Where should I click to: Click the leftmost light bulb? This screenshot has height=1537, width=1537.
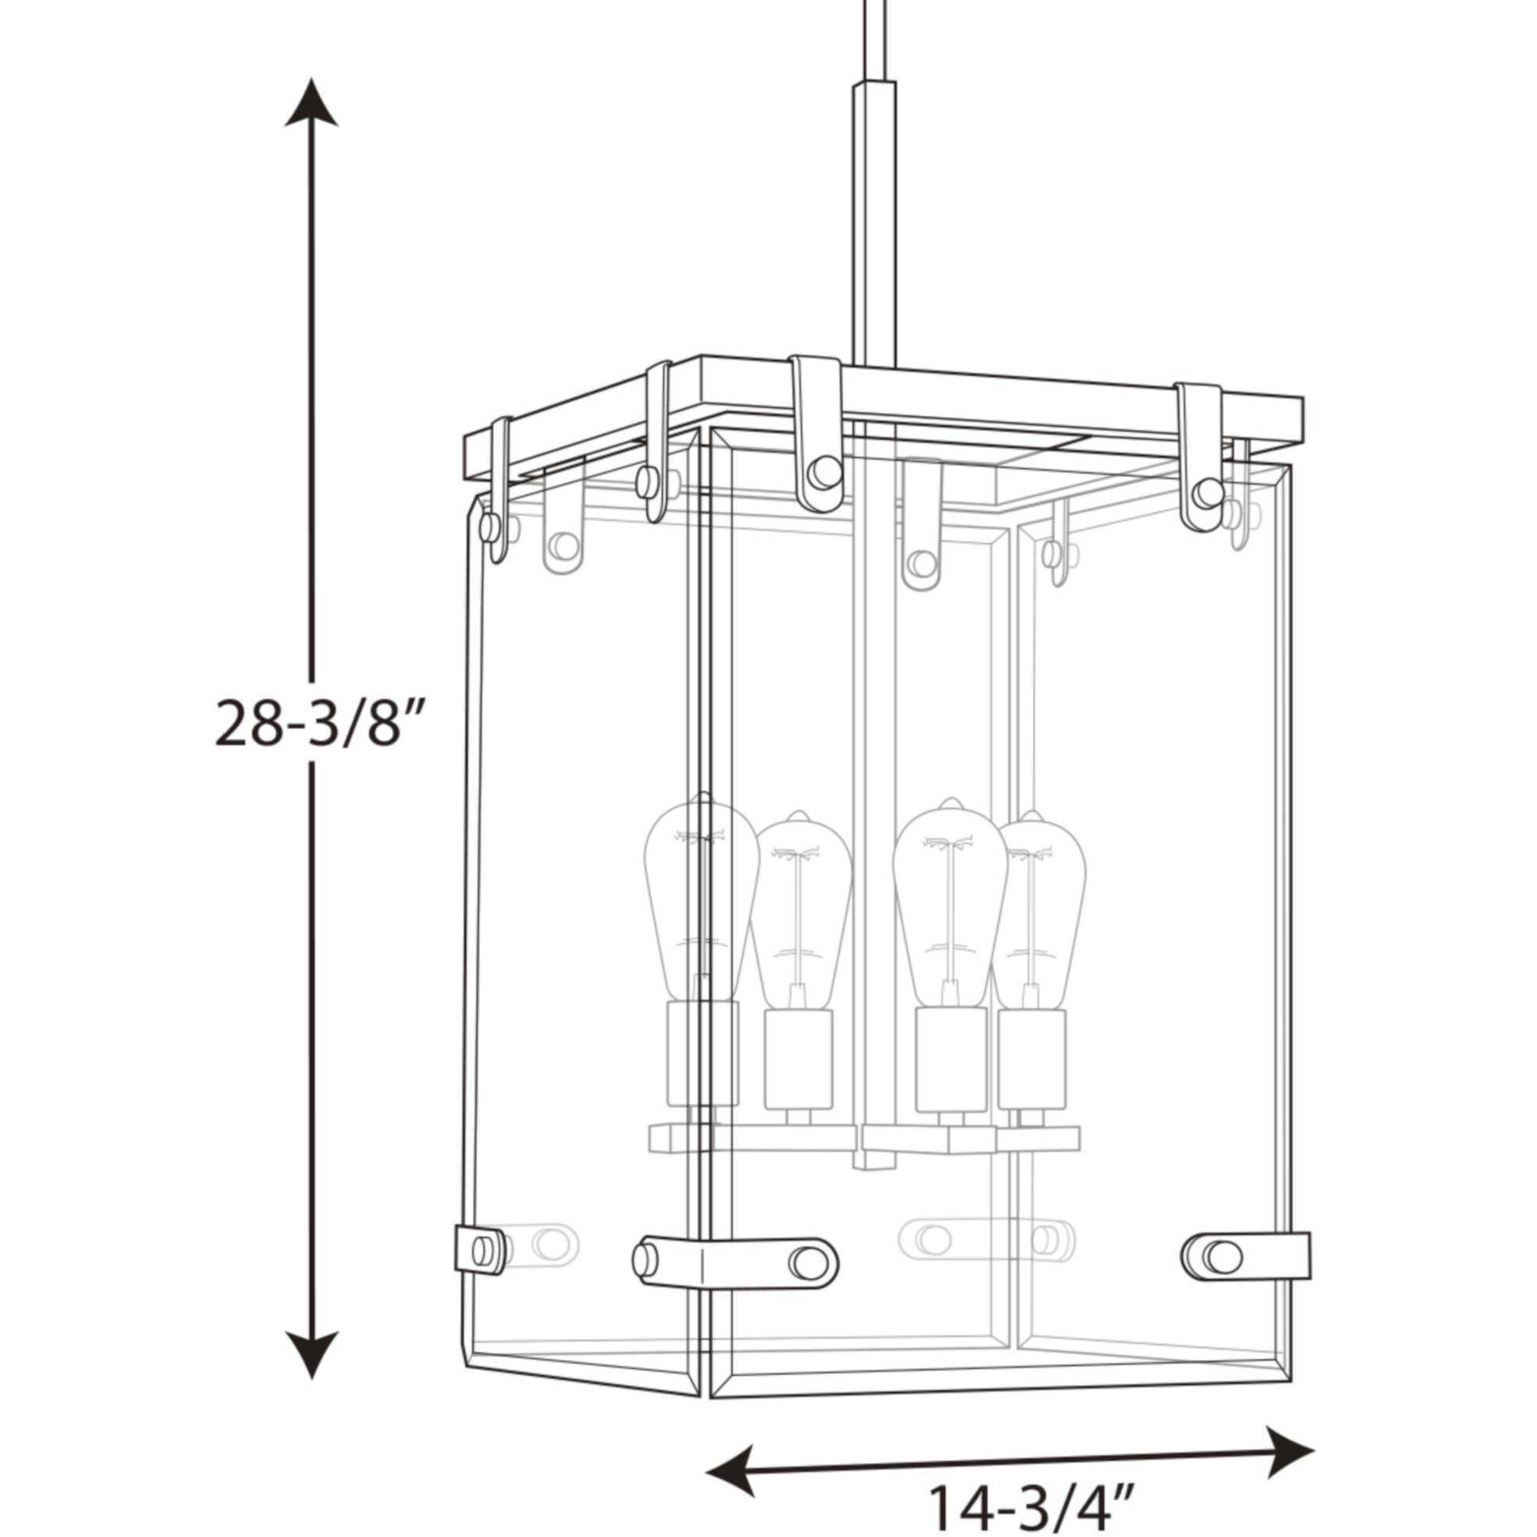click(700, 899)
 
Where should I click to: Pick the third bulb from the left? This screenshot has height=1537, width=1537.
click(949, 903)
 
